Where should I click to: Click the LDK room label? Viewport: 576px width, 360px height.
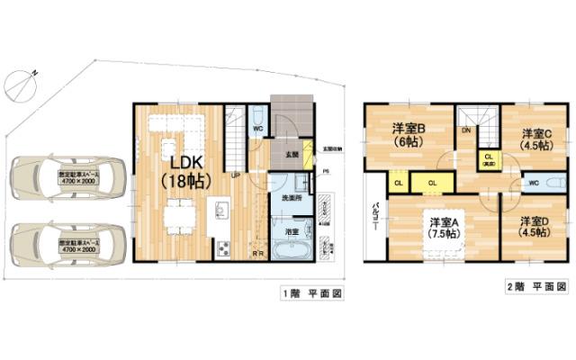(184, 169)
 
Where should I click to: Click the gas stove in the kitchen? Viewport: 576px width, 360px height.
(222, 247)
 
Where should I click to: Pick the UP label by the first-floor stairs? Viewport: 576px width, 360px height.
(235, 175)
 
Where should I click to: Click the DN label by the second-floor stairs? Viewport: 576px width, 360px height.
(466, 130)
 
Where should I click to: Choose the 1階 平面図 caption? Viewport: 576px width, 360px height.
(310, 294)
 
